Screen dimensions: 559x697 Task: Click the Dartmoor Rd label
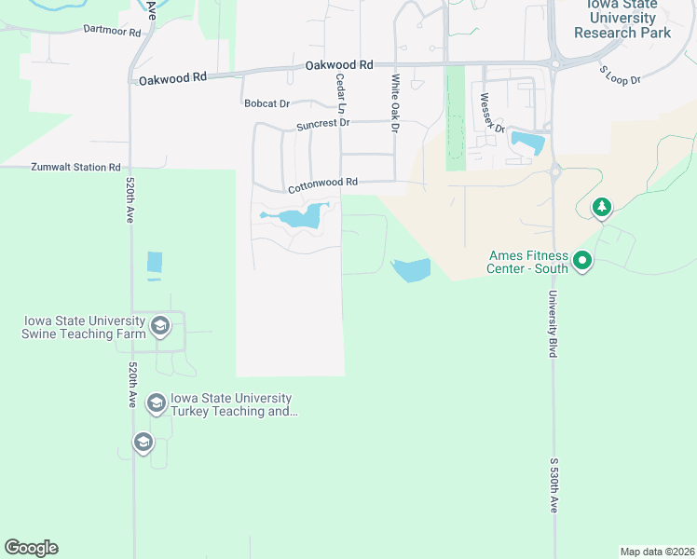(x=111, y=31)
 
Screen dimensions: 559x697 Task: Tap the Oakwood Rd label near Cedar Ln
(x=339, y=65)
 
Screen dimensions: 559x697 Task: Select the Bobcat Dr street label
(x=267, y=103)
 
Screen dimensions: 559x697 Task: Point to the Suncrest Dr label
(x=322, y=123)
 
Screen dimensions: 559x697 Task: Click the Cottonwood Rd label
(x=322, y=184)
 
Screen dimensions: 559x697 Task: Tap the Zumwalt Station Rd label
(x=76, y=168)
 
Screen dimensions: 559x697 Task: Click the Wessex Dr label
(x=492, y=113)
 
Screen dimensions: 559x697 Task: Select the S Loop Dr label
(x=620, y=75)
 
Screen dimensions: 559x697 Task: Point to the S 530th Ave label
(x=553, y=484)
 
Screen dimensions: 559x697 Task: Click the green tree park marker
(x=602, y=207)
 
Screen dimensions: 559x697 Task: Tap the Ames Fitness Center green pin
(x=583, y=261)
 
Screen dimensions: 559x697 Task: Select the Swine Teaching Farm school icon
(x=160, y=326)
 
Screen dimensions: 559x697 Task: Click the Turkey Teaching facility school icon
(x=157, y=403)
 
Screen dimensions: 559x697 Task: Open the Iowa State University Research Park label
(x=622, y=19)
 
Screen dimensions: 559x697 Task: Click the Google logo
(x=31, y=548)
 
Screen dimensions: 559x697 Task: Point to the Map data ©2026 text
(x=657, y=551)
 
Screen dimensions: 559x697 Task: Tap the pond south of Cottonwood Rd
(x=302, y=218)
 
